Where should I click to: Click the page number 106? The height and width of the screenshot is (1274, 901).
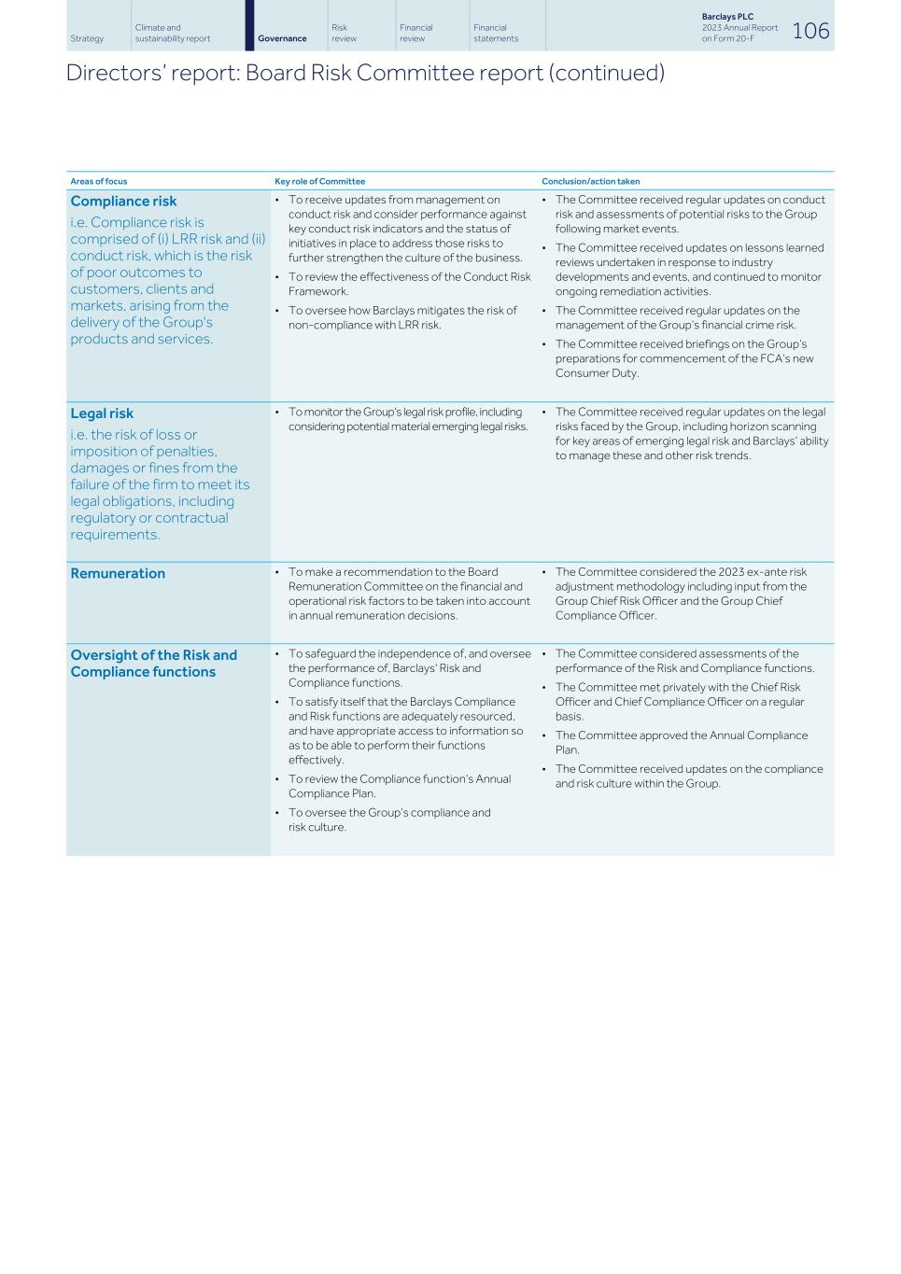point(809,31)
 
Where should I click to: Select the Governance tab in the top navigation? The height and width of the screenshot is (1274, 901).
point(282,38)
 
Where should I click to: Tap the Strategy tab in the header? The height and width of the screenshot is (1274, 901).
point(87,38)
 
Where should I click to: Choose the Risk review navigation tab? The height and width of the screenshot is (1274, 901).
point(344,33)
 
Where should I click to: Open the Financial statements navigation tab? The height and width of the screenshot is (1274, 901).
point(495,33)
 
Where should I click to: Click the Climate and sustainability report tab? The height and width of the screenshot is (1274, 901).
point(172,33)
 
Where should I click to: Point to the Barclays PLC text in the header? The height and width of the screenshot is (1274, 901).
point(727,17)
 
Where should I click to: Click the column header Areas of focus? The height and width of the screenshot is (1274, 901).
point(98,181)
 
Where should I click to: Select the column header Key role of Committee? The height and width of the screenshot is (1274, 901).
point(319,181)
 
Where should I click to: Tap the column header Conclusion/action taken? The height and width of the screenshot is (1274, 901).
point(590,181)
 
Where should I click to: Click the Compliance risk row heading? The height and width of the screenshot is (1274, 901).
point(123,201)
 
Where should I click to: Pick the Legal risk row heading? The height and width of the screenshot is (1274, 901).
point(102,413)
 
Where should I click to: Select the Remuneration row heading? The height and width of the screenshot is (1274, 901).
point(118,573)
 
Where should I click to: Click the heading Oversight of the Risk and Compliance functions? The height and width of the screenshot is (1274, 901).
point(153,664)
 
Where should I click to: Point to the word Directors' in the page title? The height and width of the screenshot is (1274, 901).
point(106,73)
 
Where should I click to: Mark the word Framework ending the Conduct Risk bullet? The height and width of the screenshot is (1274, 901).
point(317,291)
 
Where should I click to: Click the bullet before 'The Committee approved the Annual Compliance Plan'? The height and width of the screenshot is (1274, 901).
point(544,736)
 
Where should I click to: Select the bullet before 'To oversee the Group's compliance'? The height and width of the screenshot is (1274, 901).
point(277,813)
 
